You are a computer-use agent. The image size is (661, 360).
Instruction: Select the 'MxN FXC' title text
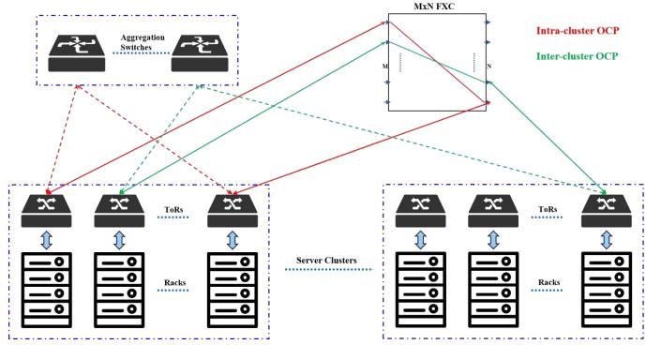(437, 8)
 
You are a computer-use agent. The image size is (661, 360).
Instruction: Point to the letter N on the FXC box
(489, 67)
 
